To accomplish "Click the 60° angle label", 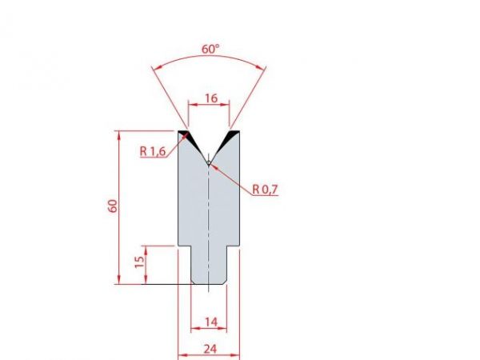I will tap(210, 49).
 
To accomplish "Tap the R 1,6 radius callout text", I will tap(152, 150).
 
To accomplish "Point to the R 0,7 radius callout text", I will tap(264, 190).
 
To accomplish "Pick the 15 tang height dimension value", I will tap(139, 262).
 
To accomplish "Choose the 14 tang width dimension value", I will tap(210, 322).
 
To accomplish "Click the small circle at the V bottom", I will tap(208, 162).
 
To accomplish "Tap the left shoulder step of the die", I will tap(184, 246).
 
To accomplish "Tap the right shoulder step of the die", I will tap(234, 246).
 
